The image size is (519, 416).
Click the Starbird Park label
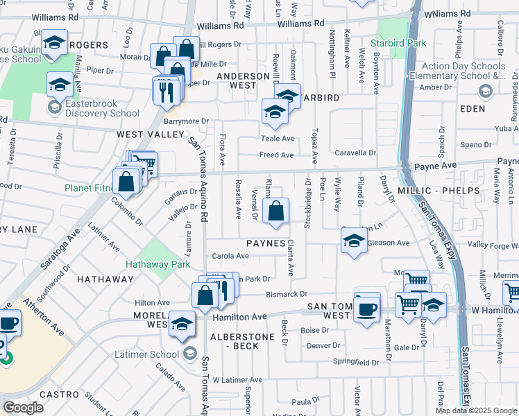407,43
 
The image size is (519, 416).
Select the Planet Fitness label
88,188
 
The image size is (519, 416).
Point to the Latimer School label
154,355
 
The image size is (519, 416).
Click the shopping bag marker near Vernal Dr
275,210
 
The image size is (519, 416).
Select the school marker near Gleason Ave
354,241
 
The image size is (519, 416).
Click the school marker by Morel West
182,323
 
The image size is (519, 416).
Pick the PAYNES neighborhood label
266,244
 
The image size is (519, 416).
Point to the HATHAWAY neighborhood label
105,279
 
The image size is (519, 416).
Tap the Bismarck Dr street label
287,295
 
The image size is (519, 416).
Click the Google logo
23,407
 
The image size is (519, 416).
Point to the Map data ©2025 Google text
475,410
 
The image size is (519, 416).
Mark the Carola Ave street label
230,256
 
